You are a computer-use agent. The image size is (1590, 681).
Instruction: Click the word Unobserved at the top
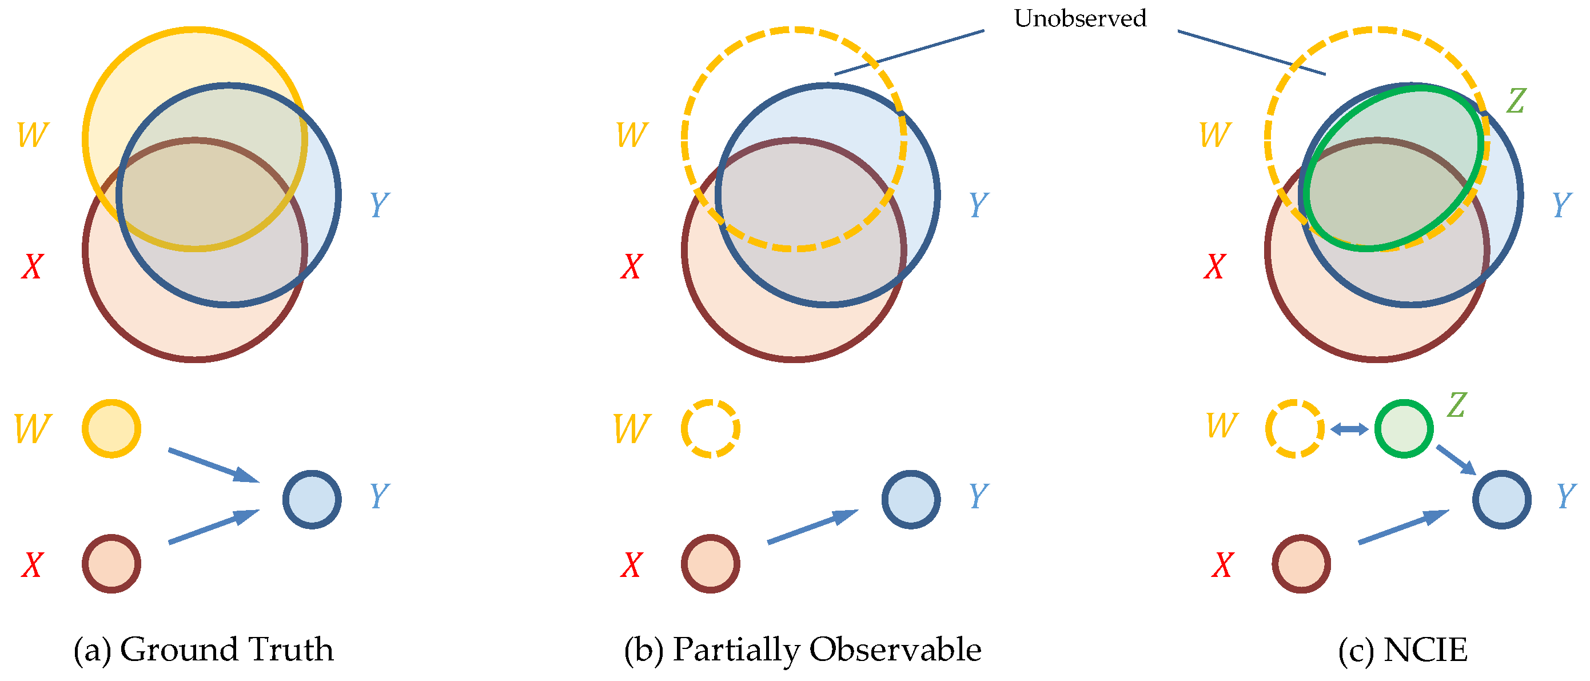click(1079, 18)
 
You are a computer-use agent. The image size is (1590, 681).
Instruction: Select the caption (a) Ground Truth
click(204, 650)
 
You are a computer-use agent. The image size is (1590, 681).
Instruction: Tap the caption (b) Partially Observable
click(802, 650)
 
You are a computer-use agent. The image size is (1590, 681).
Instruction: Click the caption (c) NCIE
click(1402, 650)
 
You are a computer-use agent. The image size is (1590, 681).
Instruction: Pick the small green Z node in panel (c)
click(1404, 428)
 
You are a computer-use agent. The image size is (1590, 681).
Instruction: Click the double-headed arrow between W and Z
click(1349, 429)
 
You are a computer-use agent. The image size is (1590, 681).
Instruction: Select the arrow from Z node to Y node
click(1456, 459)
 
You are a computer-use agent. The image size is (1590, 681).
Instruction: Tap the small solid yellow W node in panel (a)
click(111, 428)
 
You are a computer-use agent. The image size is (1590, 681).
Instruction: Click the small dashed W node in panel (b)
click(711, 428)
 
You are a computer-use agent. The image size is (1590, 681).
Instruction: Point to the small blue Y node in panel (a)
click(312, 499)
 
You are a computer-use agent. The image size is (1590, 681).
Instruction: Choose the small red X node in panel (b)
click(711, 564)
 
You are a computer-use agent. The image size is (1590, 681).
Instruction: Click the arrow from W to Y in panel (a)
click(213, 465)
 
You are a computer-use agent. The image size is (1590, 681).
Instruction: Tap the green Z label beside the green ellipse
click(1516, 101)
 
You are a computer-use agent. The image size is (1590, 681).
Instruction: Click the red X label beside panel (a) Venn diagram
click(32, 266)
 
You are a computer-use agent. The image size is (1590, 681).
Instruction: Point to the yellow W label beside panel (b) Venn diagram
click(632, 134)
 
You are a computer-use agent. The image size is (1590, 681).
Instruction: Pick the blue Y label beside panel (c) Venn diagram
click(1561, 205)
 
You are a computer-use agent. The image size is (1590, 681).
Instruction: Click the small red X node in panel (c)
click(1301, 564)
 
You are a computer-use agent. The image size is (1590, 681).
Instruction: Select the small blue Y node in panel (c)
click(1501, 499)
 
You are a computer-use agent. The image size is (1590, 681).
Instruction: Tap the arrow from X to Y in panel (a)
click(213, 527)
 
